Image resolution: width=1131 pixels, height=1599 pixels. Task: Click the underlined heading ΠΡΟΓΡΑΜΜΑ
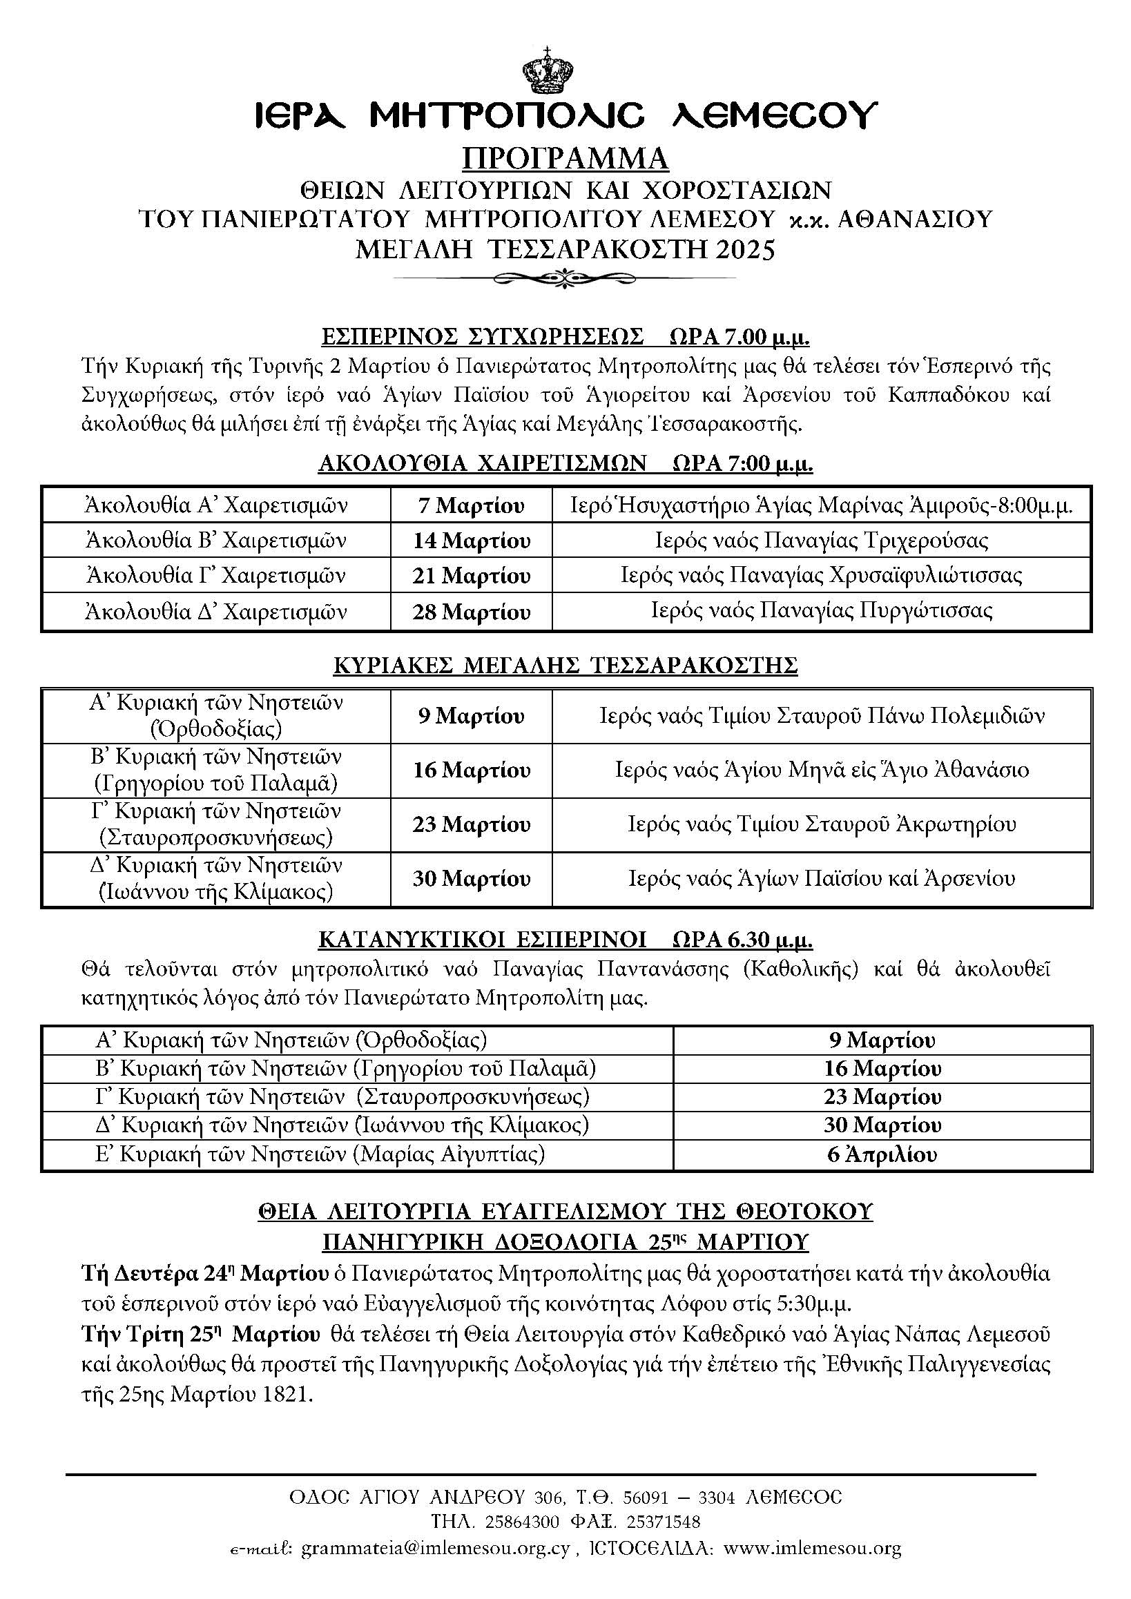pyautogui.click(x=565, y=159)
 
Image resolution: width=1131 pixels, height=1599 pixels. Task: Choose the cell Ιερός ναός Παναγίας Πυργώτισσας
pyautogui.click(x=822, y=612)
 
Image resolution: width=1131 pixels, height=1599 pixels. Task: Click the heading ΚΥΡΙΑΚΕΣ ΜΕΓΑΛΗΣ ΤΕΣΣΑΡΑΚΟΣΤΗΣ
pyautogui.click(x=565, y=666)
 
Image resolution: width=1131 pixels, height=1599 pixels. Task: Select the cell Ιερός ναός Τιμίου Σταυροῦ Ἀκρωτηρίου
pyautogui.click(x=822, y=824)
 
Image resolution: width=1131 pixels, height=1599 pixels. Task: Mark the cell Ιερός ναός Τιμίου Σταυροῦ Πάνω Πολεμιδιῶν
pyautogui.click(x=822, y=716)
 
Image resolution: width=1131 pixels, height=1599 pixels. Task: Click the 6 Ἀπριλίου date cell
pyautogui.click(x=882, y=1154)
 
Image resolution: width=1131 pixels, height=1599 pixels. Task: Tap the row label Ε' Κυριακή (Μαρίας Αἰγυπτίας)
pyautogui.click(x=320, y=1154)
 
